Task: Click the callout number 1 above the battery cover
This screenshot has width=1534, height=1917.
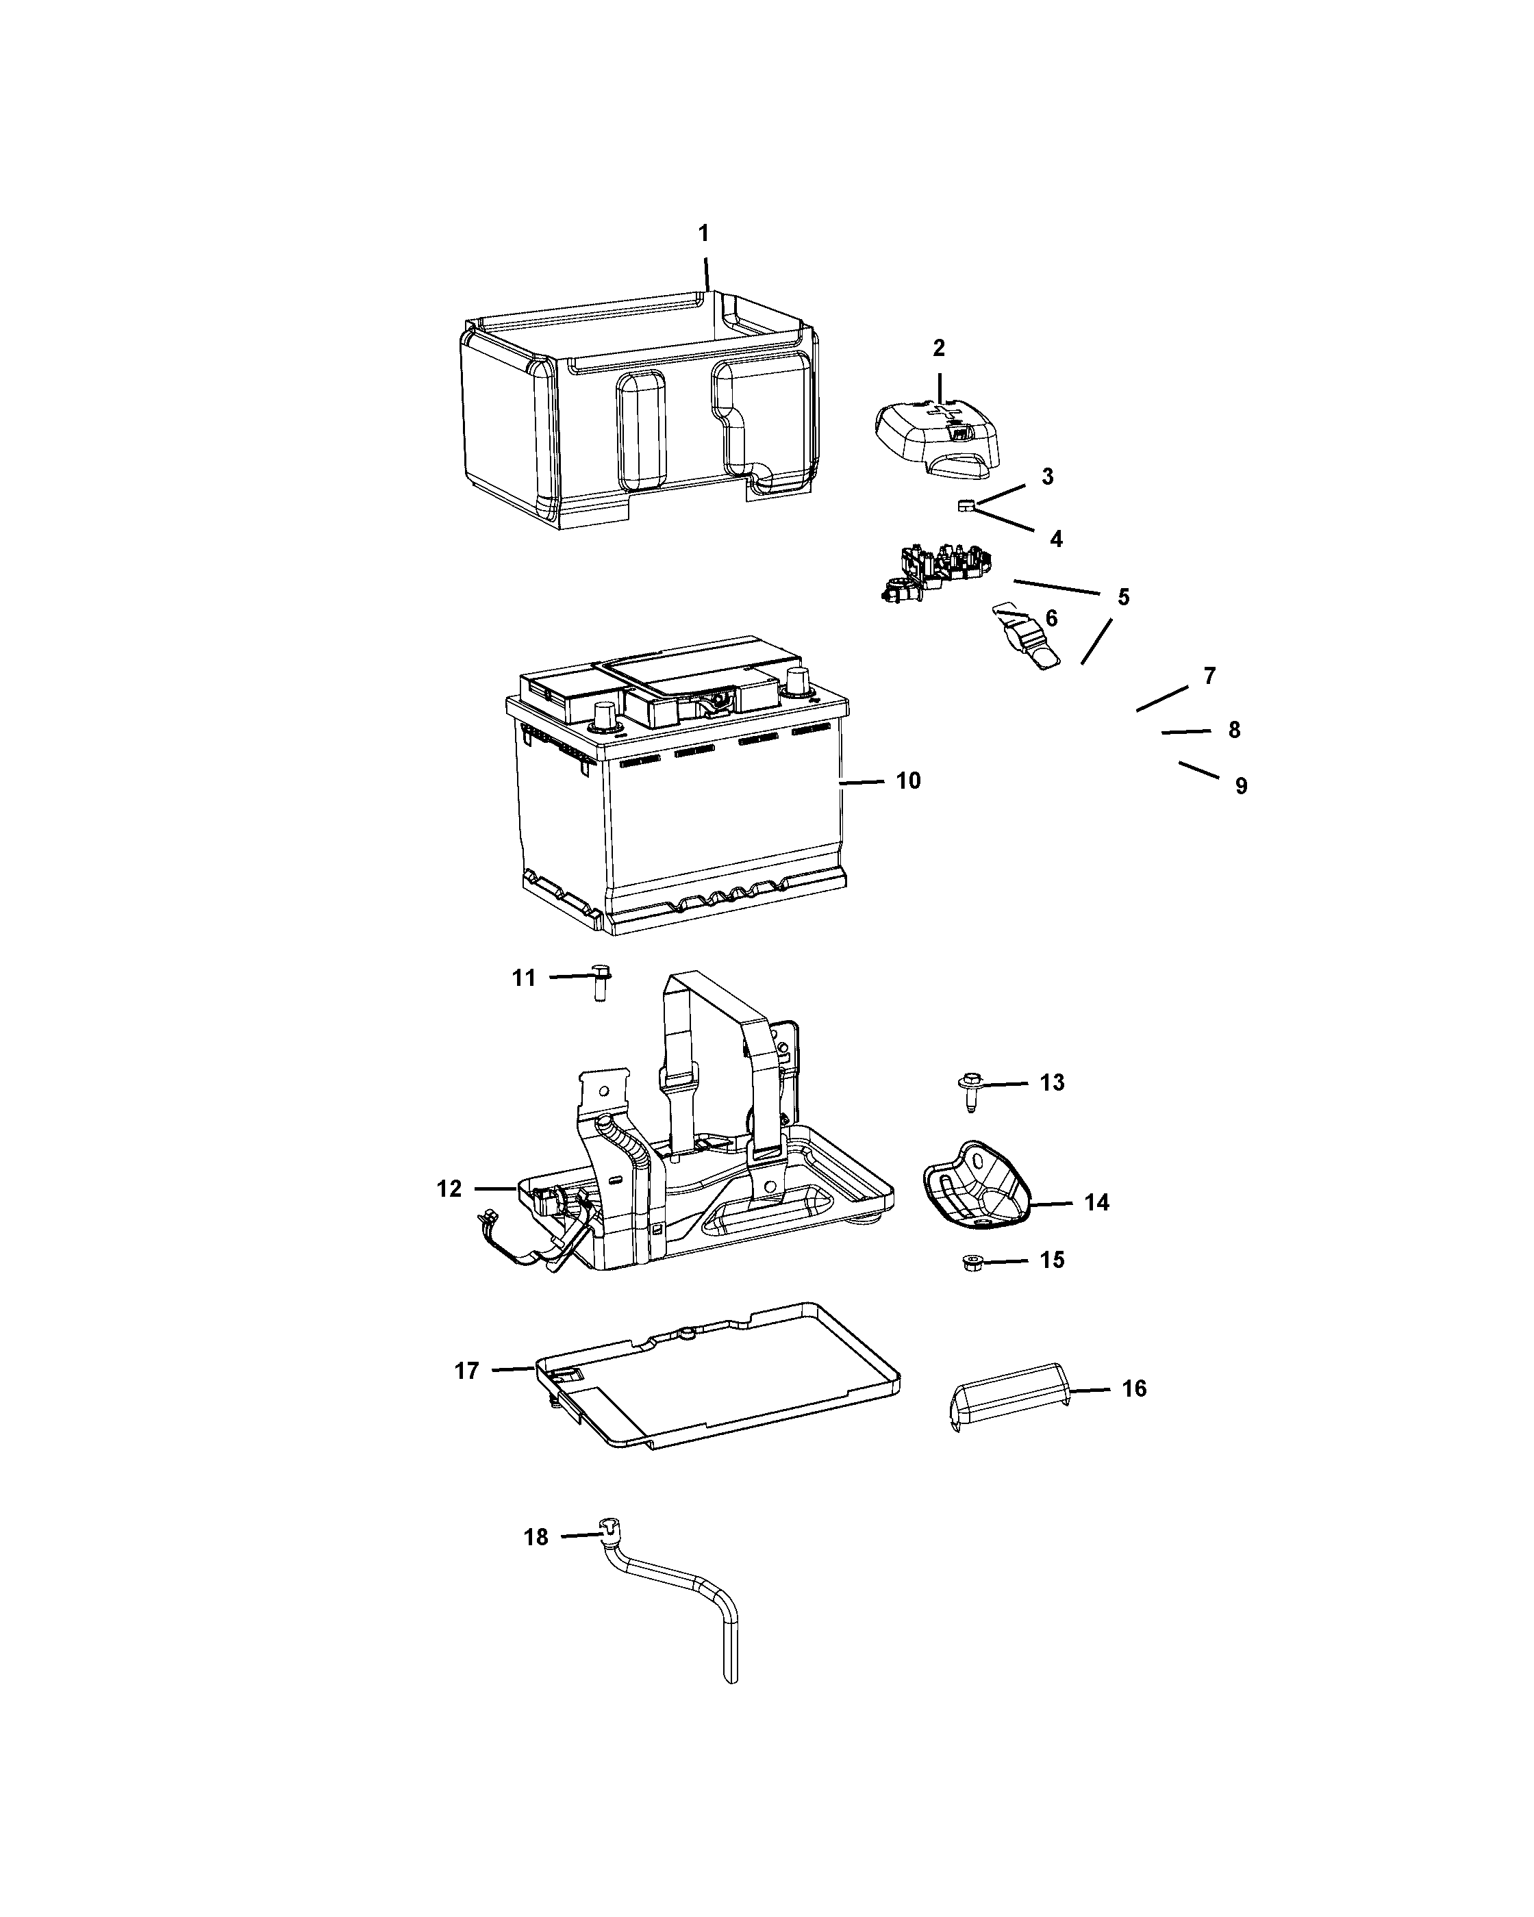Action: [703, 234]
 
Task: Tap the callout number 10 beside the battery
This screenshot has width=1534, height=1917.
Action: [908, 780]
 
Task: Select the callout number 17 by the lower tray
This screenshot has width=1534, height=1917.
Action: [467, 1371]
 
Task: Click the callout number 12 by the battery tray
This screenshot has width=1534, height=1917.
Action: [449, 1189]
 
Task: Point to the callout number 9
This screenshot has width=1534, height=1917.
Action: [1240, 786]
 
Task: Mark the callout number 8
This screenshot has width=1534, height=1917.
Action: [1234, 730]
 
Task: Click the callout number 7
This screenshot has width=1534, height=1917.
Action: [1209, 676]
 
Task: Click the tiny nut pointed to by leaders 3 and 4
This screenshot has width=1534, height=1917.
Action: [967, 507]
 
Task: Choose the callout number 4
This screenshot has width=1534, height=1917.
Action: [1055, 539]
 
